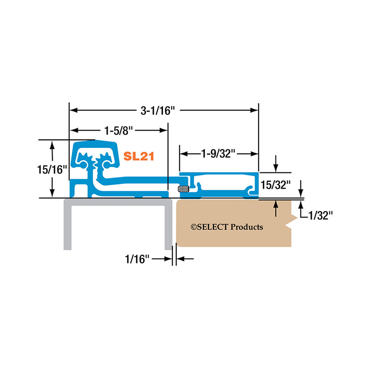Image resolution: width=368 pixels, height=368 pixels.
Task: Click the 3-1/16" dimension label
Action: [158, 110]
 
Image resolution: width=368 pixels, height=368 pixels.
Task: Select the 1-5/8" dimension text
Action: [118, 130]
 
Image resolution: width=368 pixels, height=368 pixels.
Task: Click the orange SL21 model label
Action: [138, 156]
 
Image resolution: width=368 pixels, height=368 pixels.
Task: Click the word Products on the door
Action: [247, 227]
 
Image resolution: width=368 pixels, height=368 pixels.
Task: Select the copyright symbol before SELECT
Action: [194, 227]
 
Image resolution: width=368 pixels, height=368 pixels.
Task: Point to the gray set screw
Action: [183, 189]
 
